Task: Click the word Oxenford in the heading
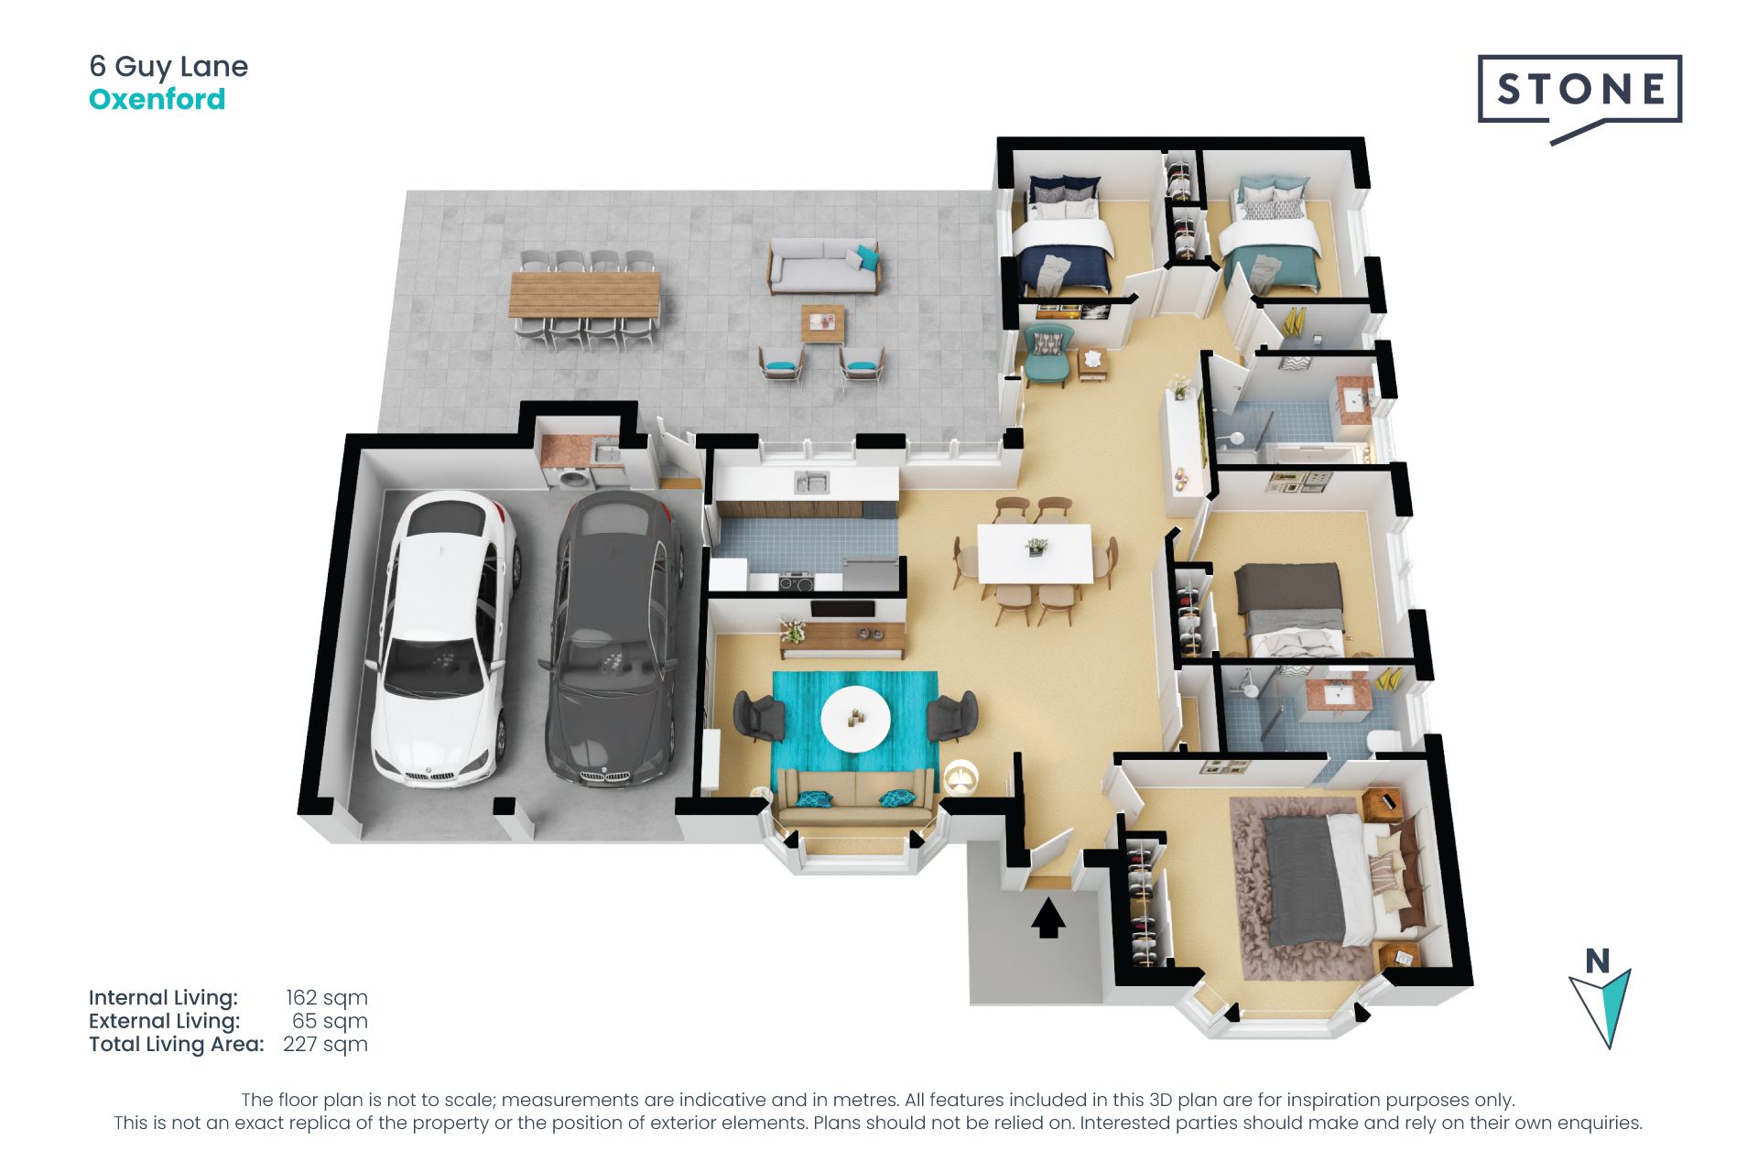click(x=157, y=99)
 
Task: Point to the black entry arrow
click(x=1048, y=918)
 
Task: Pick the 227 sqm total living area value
click(x=325, y=1045)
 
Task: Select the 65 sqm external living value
click(x=330, y=1021)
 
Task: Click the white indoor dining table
click(x=1035, y=553)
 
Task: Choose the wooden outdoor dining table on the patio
click(x=584, y=294)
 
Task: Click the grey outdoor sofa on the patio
click(x=823, y=266)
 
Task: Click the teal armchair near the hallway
click(x=1047, y=353)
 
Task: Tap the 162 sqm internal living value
click(x=326, y=998)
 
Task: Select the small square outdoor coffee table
click(x=823, y=323)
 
